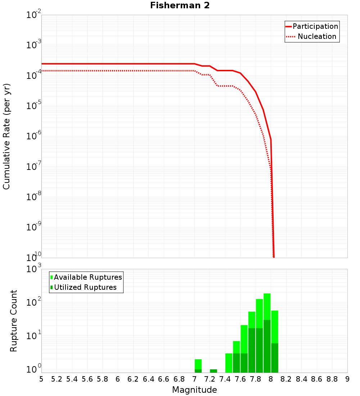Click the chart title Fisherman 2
(180, 6)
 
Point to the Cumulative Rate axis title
(6, 136)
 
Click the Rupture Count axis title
(14, 321)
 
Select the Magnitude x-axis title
(194, 390)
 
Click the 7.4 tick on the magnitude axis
(225, 379)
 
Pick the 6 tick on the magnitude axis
(118, 379)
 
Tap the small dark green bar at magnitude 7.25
(213, 371)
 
